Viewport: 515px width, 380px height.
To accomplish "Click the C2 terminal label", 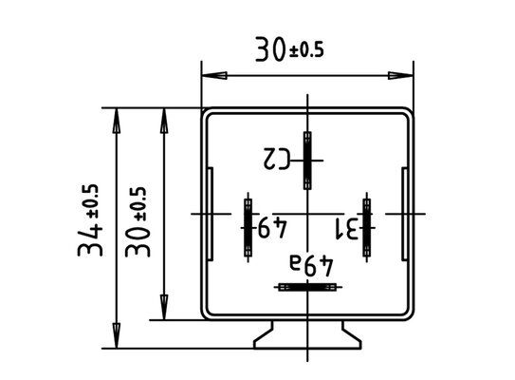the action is click(x=277, y=159).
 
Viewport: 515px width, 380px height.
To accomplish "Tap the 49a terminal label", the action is click(x=311, y=265).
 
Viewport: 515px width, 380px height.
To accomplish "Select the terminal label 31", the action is click(x=346, y=229).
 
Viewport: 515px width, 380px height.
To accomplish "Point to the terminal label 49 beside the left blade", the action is click(x=272, y=227).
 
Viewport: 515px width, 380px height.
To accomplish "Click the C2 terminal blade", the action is click(x=307, y=161).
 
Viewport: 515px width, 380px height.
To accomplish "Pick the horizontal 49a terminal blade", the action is click(x=307, y=287).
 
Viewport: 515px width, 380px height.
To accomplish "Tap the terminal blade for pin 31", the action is click(x=367, y=228).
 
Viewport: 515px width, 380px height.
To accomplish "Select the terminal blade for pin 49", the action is click(x=248, y=228).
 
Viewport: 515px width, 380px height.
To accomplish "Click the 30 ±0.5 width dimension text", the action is click(x=289, y=49).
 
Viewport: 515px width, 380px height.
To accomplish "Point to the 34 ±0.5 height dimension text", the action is click(x=89, y=220).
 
